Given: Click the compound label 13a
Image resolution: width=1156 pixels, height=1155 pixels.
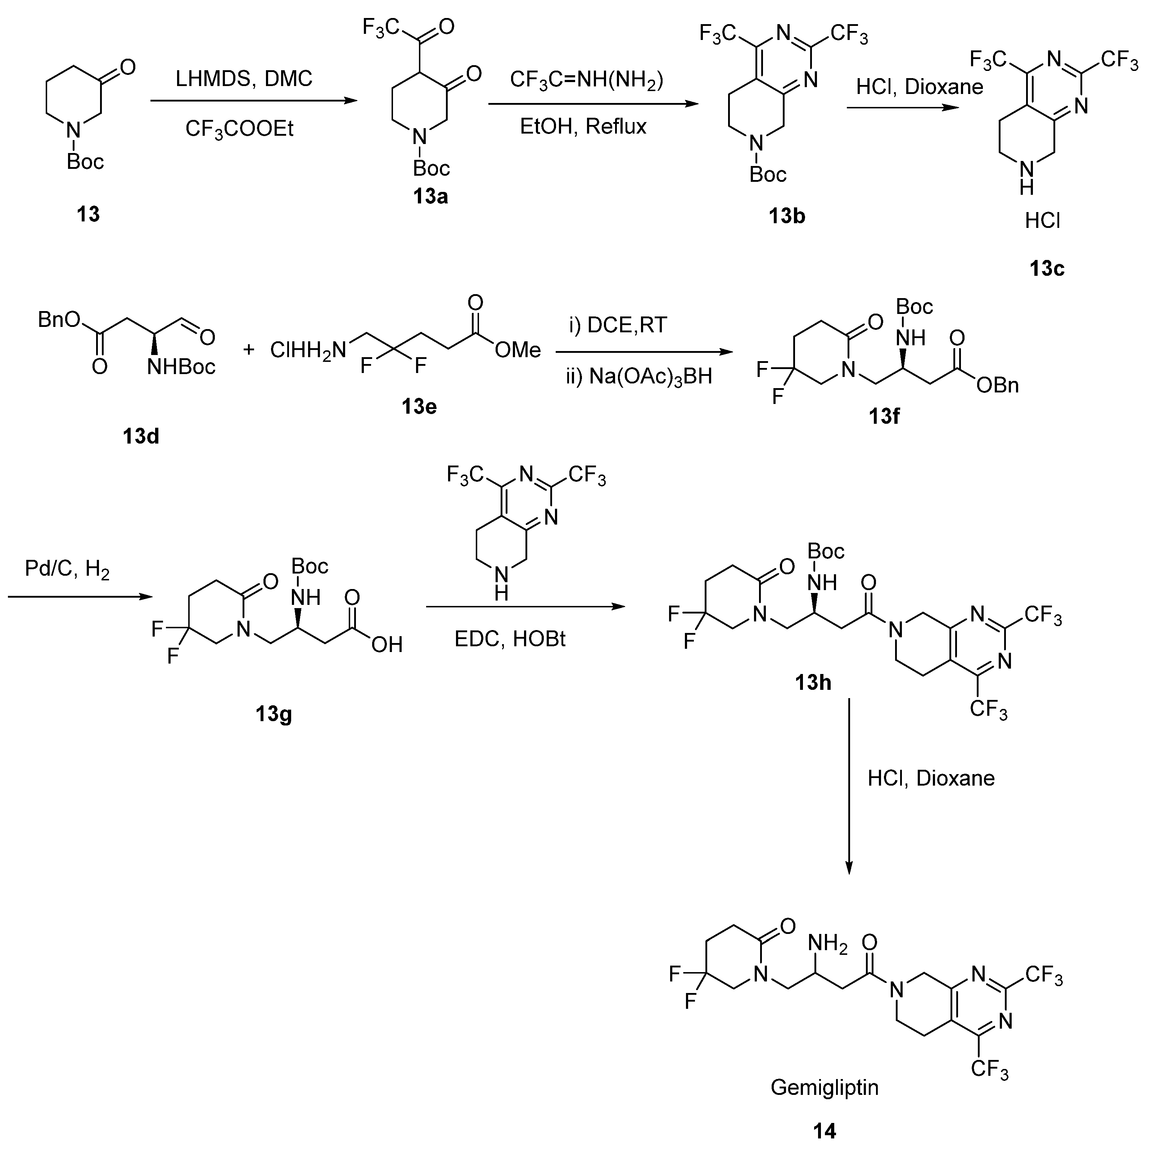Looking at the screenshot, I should (x=430, y=196).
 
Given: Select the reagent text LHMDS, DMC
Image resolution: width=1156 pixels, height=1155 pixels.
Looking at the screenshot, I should (x=244, y=78).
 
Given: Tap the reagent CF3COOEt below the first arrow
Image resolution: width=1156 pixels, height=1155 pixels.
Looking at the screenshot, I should (x=239, y=129).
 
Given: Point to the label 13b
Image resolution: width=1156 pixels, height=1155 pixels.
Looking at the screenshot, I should (x=787, y=216).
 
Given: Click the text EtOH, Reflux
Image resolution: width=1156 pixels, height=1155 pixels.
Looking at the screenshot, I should (x=583, y=127).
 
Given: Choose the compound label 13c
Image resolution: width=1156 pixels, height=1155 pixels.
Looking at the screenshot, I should (x=1047, y=269).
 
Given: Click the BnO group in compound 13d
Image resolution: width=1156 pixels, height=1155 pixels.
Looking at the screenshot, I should (x=59, y=320).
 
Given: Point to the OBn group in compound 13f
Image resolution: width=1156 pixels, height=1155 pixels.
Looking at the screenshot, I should (x=997, y=385).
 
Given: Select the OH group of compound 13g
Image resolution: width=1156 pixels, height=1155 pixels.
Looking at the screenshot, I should (x=387, y=644).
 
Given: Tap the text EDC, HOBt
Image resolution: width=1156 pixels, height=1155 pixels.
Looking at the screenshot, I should (x=510, y=639).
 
